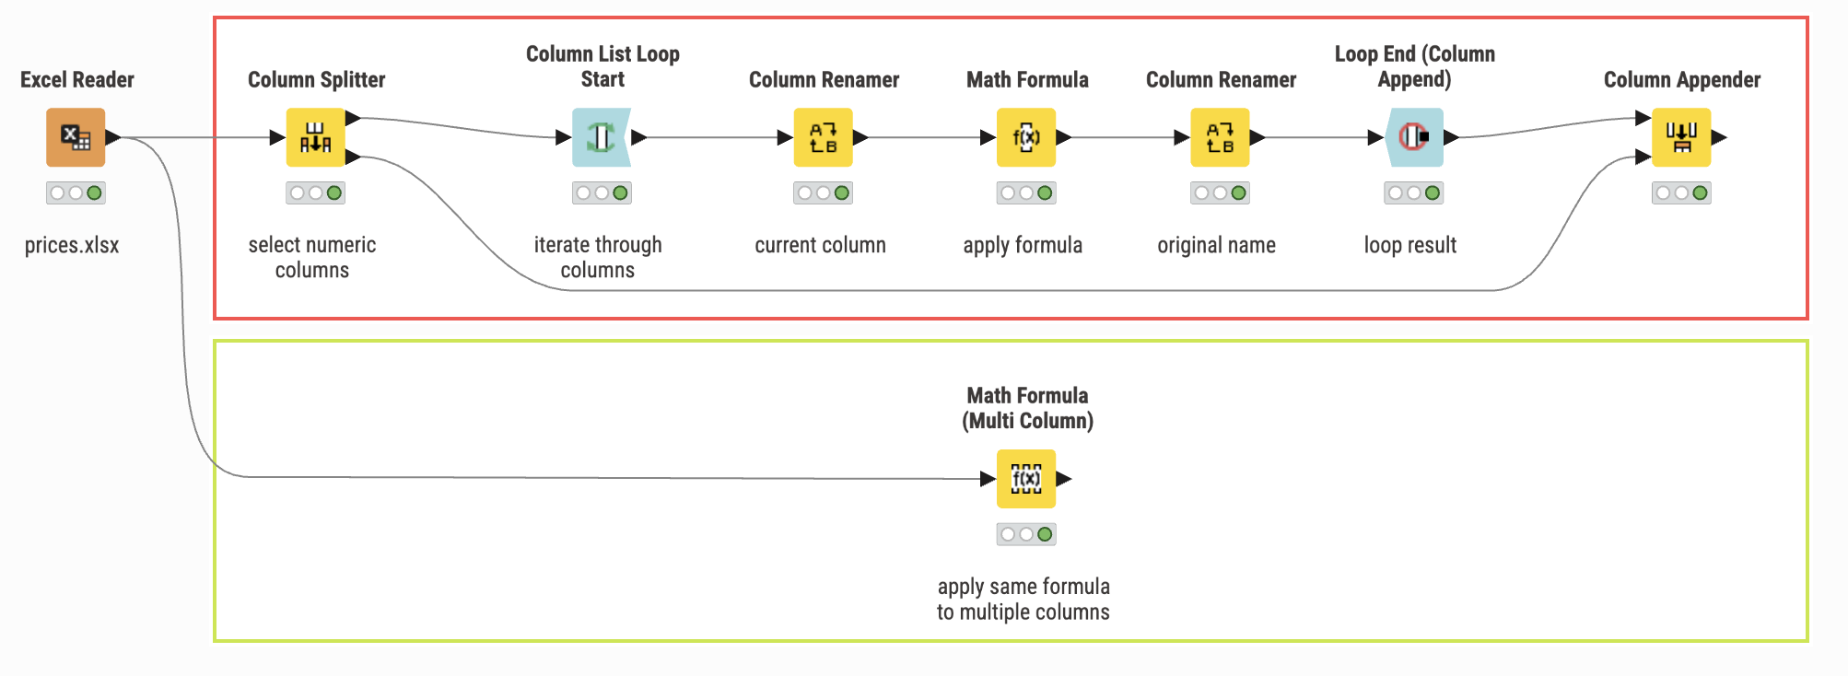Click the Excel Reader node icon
point(76,137)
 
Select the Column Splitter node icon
point(315,137)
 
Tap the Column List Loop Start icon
point(602,137)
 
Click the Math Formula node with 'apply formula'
point(1026,137)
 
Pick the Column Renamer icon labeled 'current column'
point(824,137)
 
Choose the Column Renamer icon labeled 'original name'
point(1220,137)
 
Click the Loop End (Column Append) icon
point(1414,137)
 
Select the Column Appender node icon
point(1681,137)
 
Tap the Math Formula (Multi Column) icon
point(1026,479)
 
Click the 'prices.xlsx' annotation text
point(72,246)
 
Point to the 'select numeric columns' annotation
point(312,257)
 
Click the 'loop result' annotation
point(1410,245)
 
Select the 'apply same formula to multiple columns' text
point(1023,599)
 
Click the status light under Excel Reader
point(76,192)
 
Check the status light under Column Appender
point(1681,192)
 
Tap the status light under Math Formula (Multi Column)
point(1026,534)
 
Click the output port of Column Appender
point(1719,137)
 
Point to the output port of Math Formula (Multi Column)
point(1064,479)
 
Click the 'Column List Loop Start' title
point(602,66)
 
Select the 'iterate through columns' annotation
point(598,257)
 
